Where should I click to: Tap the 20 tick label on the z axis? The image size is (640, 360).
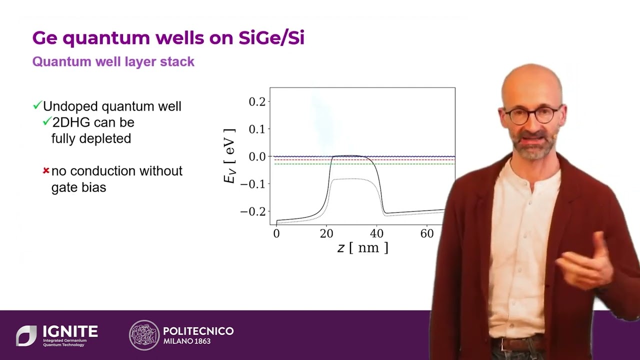[326, 234]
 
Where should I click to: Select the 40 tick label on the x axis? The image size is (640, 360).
[376, 234]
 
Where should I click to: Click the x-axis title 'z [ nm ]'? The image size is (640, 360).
[362, 247]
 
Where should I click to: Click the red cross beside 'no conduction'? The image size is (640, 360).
[46, 171]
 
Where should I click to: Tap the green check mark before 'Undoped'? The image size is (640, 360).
[37, 105]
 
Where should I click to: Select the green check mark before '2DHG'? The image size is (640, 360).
[47, 121]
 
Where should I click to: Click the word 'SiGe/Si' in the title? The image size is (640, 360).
[271, 38]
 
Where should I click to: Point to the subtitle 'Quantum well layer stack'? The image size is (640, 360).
[113, 62]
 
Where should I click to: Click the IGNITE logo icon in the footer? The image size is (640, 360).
[26, 335]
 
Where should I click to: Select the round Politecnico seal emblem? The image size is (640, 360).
[144, 335]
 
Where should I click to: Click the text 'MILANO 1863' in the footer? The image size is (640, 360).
[187, 341]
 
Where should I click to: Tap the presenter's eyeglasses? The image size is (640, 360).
[532, 115]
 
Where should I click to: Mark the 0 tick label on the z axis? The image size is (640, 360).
[276, 234]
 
